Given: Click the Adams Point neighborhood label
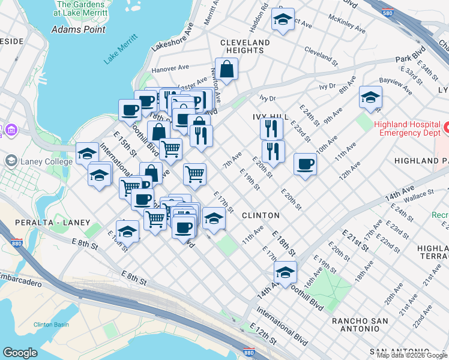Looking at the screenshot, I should tap(79, 29).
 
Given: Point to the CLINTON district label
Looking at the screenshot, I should tap(261, 215).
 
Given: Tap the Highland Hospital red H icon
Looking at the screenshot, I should tap(445, 128).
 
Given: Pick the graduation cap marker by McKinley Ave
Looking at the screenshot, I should tap(282, 19).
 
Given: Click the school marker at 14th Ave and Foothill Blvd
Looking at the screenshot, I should tap(285, 272).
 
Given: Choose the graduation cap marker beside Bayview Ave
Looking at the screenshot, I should tap(370, 97).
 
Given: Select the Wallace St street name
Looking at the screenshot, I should tap(418, 194).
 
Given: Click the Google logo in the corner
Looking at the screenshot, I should tap(20, 352).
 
